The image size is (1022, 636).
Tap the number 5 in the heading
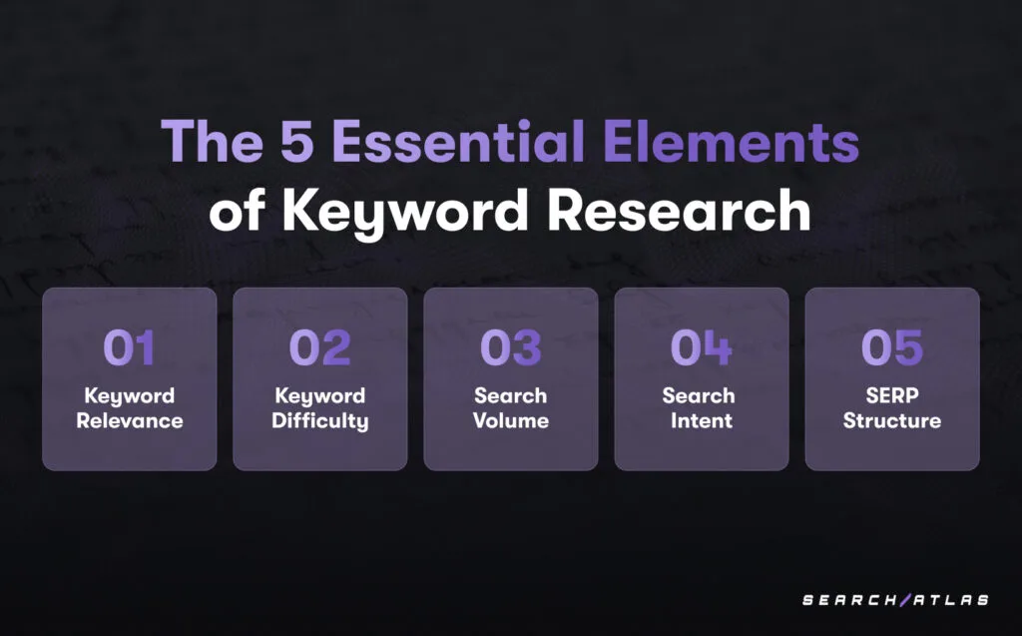tap(297, 141)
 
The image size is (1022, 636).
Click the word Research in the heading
tap(679, 210)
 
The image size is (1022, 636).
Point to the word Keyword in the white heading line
tap(405, 213)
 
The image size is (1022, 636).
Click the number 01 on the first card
tap(129, 347)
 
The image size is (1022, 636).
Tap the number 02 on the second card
tap(320, 347)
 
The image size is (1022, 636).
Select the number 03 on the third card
tap(510, 347)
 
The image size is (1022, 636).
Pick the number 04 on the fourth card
tap(702, 347)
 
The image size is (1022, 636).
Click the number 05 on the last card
tap(892, 347)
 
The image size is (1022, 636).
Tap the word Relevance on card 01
tap(130, 420)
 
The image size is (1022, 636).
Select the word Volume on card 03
tap(511, 420)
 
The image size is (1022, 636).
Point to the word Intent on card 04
tap(702, 420)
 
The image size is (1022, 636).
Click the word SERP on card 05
tap(892, 395)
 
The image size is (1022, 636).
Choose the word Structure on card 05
tap(892, 420)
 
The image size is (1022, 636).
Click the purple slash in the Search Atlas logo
tap(904, 599)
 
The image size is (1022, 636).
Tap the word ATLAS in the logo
tap(951, 600)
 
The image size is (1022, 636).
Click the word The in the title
tap(212, 141)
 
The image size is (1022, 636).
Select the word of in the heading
tap(237, 210)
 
